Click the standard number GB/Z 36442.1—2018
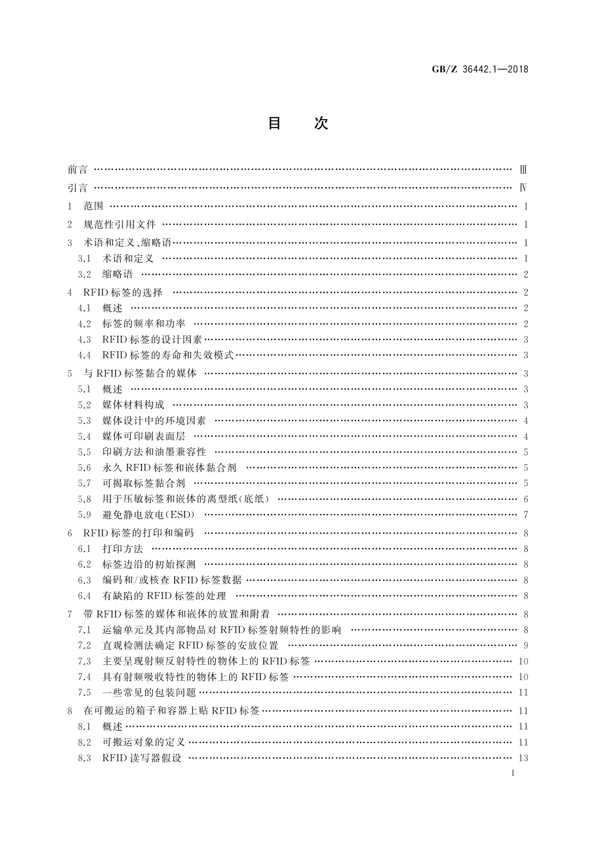coord(480,70)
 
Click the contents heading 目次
coord(298,123)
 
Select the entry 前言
coord(78,170)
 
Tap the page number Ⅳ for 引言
coord(523,188)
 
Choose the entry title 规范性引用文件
coord(120,225)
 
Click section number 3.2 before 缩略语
coord(85,274)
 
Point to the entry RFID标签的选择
coord(123,292)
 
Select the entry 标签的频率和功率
coord(144,324)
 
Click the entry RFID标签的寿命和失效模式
coord(168,355)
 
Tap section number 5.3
coord(85,421)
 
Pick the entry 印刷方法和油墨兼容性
coord(154,452)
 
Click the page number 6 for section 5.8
coord(526,499)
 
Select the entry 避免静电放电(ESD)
coord(149,515)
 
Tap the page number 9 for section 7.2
coord(526,646)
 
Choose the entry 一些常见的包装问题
coord(149,693)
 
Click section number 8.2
coord(85,742)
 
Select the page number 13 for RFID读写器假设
coord(523,758)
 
